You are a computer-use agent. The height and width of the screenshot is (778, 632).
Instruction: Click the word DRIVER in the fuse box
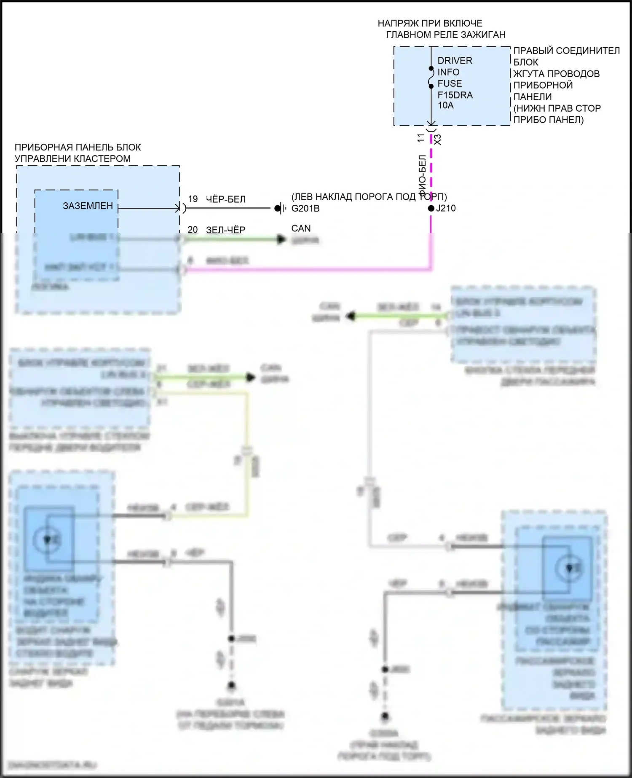coord(455,61)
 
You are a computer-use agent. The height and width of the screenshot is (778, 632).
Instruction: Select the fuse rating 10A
coord(445,105)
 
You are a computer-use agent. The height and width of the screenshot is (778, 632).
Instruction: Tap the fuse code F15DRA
coord(455,95)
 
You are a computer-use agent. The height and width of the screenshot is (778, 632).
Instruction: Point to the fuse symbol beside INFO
coord(431,78)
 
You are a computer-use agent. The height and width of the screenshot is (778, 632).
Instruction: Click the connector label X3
coord(438,140)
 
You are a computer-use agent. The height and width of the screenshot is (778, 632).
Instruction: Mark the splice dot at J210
coord(431,208)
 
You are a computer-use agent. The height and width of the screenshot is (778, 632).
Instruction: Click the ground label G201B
coord(305,208)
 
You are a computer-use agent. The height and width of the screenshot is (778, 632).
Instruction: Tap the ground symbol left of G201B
coord(280,208)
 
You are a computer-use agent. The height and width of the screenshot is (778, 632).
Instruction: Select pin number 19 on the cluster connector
coord(193,199)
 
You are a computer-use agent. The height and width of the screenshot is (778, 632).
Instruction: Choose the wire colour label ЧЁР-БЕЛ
coord(226,199)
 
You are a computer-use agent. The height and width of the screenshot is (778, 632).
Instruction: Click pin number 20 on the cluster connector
coord(193,230)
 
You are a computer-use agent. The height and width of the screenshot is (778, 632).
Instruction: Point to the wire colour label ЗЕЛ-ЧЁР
coord(226,230)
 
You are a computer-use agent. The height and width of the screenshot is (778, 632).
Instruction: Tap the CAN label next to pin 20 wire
coord(301,228)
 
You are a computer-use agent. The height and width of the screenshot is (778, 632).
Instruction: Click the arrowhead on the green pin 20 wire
coord(281,240)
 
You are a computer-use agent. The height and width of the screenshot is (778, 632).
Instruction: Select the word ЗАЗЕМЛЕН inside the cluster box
coord(88,206)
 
